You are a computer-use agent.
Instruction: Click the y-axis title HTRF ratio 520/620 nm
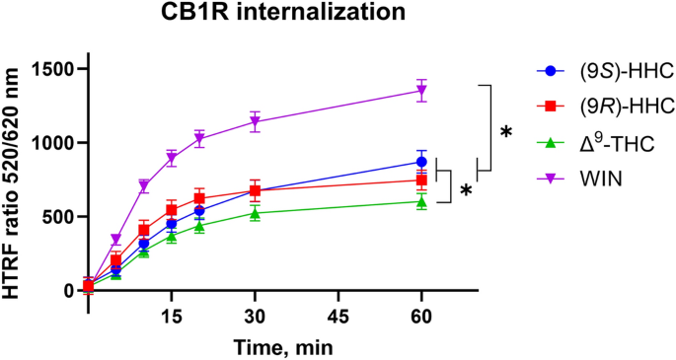[15, 179]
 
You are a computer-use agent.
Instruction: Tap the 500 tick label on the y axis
[62, 217]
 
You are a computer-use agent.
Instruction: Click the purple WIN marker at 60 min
[421, 91]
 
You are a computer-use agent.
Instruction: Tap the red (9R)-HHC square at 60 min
[421, 180]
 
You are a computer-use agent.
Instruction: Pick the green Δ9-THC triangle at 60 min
[421, 201]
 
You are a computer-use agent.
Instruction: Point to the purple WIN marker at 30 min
[256, 122]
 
